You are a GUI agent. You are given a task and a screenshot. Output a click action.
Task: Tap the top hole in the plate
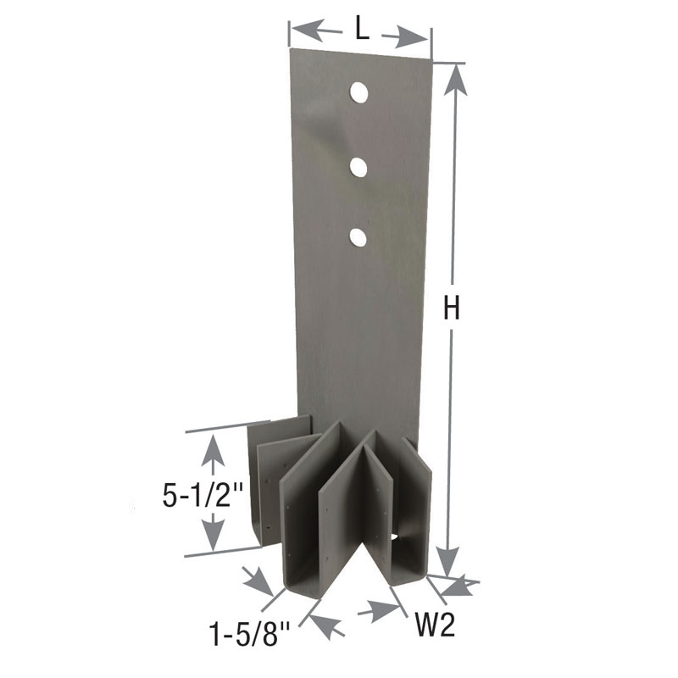(x=358, y=92)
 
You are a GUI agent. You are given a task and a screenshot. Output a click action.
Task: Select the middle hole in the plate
(x=358, y=166)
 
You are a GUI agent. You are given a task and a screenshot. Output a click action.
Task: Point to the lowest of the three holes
(x=358, y=236)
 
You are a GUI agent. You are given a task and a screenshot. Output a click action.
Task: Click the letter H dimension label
(x=453, y=309)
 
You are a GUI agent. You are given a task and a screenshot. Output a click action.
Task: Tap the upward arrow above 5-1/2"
(x=212, y=452)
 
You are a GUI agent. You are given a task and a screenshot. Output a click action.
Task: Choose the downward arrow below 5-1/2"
(x=212, y=533)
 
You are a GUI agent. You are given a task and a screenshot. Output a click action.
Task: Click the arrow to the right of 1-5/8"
(x=327, y=625)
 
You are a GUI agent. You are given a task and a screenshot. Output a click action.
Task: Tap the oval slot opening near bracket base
(x=396, y=537)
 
